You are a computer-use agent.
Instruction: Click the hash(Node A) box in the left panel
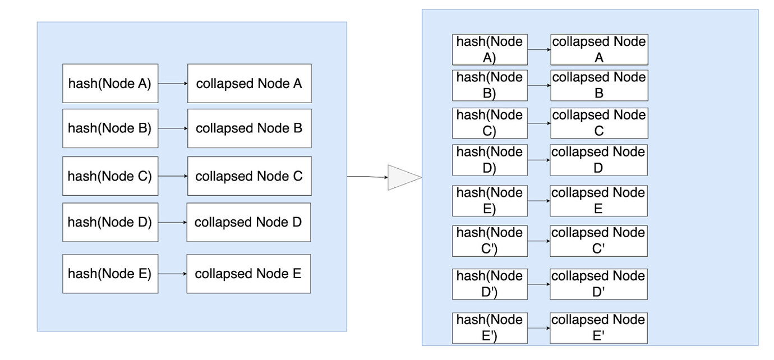click(110, 84)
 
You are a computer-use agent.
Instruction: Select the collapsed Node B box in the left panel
click(249, 128)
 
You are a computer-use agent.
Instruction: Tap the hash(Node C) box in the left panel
click(110, 176)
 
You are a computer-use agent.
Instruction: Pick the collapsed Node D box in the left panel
click(248, 222)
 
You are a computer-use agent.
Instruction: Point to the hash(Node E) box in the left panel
click(110, 274)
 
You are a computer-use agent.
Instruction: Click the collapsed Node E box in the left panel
click(248, 274)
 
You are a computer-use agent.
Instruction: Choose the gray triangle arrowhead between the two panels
click(403, 178)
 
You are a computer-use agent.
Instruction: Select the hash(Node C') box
click(490, 241)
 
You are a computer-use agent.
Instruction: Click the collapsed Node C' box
click(598, 241)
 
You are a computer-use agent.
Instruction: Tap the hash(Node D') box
click(490, 284)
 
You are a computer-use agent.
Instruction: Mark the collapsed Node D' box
click(598, 284)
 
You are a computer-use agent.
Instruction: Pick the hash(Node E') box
click(490, 328)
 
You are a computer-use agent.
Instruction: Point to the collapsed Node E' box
click(598, 328)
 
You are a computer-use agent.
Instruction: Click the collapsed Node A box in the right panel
click(599, 49)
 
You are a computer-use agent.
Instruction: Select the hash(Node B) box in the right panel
click(490, 85)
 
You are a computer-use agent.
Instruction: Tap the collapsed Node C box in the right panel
click(599, 123)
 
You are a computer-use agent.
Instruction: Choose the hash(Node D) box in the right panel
click(490, 160)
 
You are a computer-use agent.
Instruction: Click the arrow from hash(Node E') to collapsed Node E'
click(538, 328)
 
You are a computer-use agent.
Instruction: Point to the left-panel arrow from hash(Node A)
click(173, 84)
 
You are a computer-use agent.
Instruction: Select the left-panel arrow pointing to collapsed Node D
click(172, 222)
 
